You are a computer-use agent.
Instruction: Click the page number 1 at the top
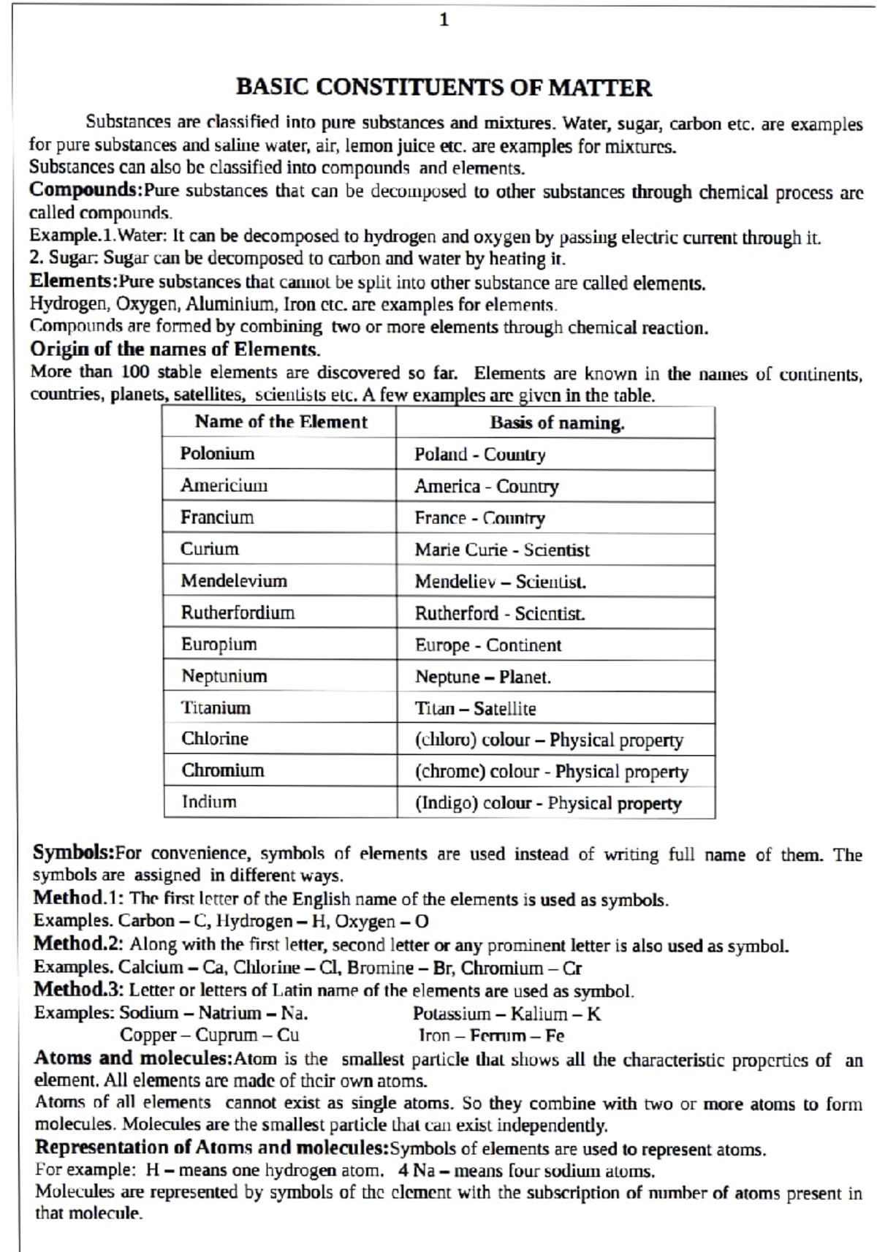click(x=444, y=20)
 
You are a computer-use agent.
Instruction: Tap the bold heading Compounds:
click(x=86, y=190)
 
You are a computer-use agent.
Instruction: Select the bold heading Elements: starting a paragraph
click(x=73, y=281)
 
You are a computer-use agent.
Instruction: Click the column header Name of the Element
click(x=281, y=422)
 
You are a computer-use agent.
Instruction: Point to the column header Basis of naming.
click(x=557, y=422)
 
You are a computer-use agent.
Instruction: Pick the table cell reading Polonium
click(x=217, y=453)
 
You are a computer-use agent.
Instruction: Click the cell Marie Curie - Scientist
click(x=502, y=550)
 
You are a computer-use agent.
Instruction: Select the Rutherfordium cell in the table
click(x=238, y=612)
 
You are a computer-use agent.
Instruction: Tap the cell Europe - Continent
click(x=488, y=645)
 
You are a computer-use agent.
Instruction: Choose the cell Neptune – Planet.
click(x=483, y=677)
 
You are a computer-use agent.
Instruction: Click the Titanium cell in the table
click(x=216, y=707)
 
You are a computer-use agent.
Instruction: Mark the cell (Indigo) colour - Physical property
click(x=548, y=803)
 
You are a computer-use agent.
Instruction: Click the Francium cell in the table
click(x=217, y=517)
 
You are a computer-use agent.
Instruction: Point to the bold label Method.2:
click(x=78, y=944)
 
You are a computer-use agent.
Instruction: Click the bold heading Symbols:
click(x=74, y=852)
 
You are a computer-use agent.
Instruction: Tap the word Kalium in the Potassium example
click(x=539, y=1014)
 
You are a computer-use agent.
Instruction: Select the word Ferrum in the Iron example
click(x=498, y=1036)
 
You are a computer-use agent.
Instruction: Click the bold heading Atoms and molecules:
click(x=133, y=1058)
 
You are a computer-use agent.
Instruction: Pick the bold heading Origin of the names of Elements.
click(x=175, y=349)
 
